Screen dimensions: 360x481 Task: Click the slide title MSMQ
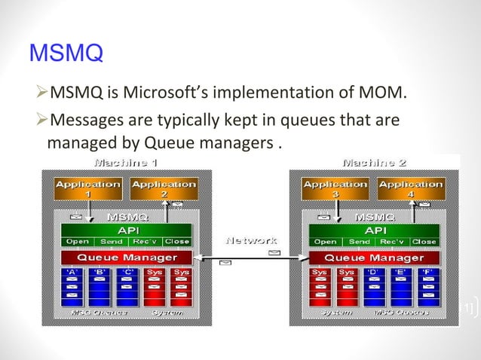(65, 55)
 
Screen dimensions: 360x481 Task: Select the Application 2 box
(164, 188)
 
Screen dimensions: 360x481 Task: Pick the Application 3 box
(334, 188)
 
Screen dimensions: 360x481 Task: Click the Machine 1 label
(125, 162)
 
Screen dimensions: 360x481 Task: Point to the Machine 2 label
(374, 162)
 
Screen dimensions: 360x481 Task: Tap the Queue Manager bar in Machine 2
(373, 258)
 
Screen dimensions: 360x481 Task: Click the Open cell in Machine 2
(324, 242)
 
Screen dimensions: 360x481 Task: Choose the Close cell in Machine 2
(423, 242)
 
